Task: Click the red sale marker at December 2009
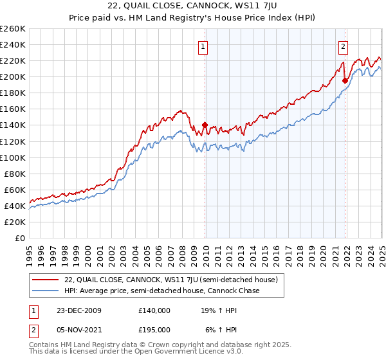[x=205, y=125]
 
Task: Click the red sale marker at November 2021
[x=345, y=80]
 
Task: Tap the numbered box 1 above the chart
[x=203, y=46]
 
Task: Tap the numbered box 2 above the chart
[x=343, y=46]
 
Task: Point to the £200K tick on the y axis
[x=13, y=76]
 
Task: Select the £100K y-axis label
[x=13, y=157]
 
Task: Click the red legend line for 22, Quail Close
[x=45, y=280]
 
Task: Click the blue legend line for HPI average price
[x=45, y=291]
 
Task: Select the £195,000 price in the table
[x=154, y=328]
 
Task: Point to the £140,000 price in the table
[x=154, y=310]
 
